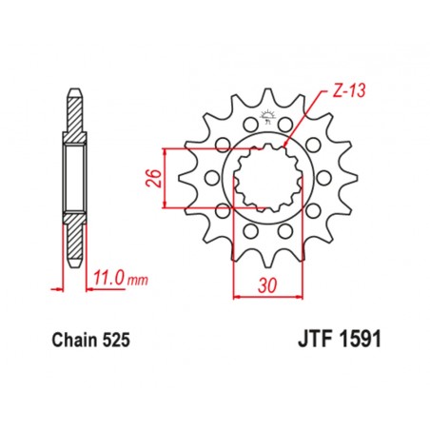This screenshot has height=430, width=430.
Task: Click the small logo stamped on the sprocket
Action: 265,122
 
